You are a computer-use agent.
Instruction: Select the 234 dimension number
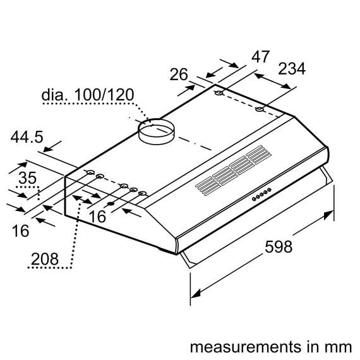(x=291, y=69)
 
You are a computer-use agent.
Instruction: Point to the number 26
(x=179, y=75)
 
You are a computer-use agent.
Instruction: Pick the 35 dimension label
(x=27, y=178)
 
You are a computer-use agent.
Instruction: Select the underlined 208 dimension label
(x=44, y=258)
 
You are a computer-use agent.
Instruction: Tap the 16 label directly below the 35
(x=20, y=231)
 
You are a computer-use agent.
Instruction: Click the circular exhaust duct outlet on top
(x=155, y=129)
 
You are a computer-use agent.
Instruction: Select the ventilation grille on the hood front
(x=232, y=170)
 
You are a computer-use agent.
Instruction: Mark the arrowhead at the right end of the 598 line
(x=330, y=215)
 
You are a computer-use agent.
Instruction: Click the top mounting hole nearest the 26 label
(x=219, y=95)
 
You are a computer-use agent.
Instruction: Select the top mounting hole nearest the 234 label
(x=259, y=111)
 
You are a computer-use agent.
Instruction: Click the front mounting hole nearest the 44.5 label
(x=90, y=173)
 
